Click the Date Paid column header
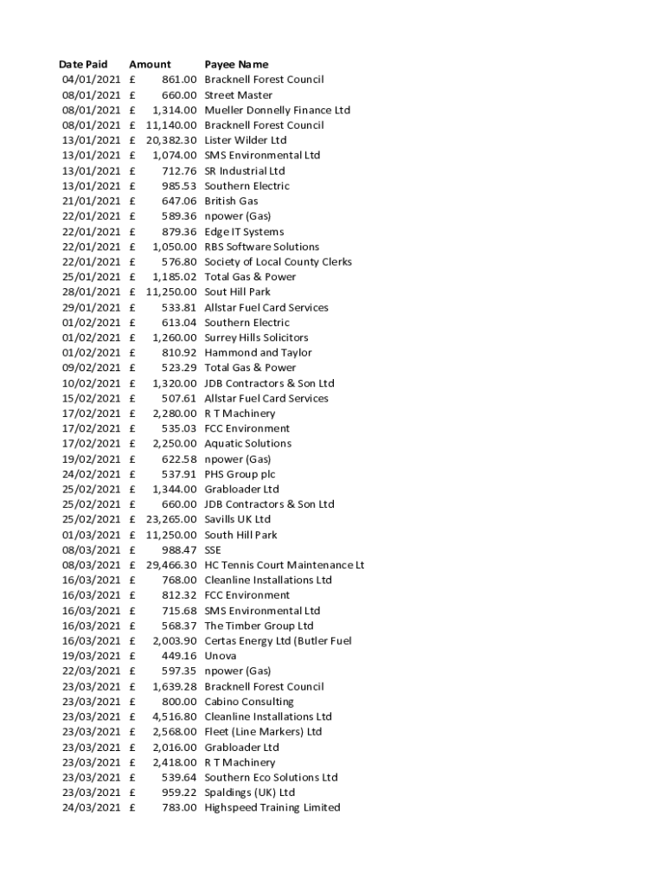pyautogui.click(x=83, y=64)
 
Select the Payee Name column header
pyautogui.click(x=236, y=64)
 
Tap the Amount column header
pyautogui.click(x=150, y=64)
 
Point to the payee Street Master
pyautogui.click(x=238, y=95)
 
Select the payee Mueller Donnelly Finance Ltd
pyautogui.click(x=277, y=110)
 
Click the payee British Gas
pyautogui.click(x=231, y=201)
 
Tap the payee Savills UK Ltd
pyautogui.click(x=237, y=520)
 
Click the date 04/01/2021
pyautogui.click(x=91, y=80)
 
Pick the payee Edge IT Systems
pyautogui.click(x=244, y=232)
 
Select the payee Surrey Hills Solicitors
pyautogui.click(x=256, y=337)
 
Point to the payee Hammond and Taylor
pyautogui.click(x=258, y=353)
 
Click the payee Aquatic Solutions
pyautogui.click(x=247, y=444)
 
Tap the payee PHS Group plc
pyautogui.click(x=240, y=474)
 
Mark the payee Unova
pyautogui.click(x=220, y=656)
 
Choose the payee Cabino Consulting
pyautogui.click(x=248, y=702)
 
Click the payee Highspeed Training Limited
pyautogui.click(x=272, y=807)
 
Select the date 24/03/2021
pyautogui.click(x=91, y=807)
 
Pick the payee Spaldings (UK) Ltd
pyautogui.click(x=249, y=793)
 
